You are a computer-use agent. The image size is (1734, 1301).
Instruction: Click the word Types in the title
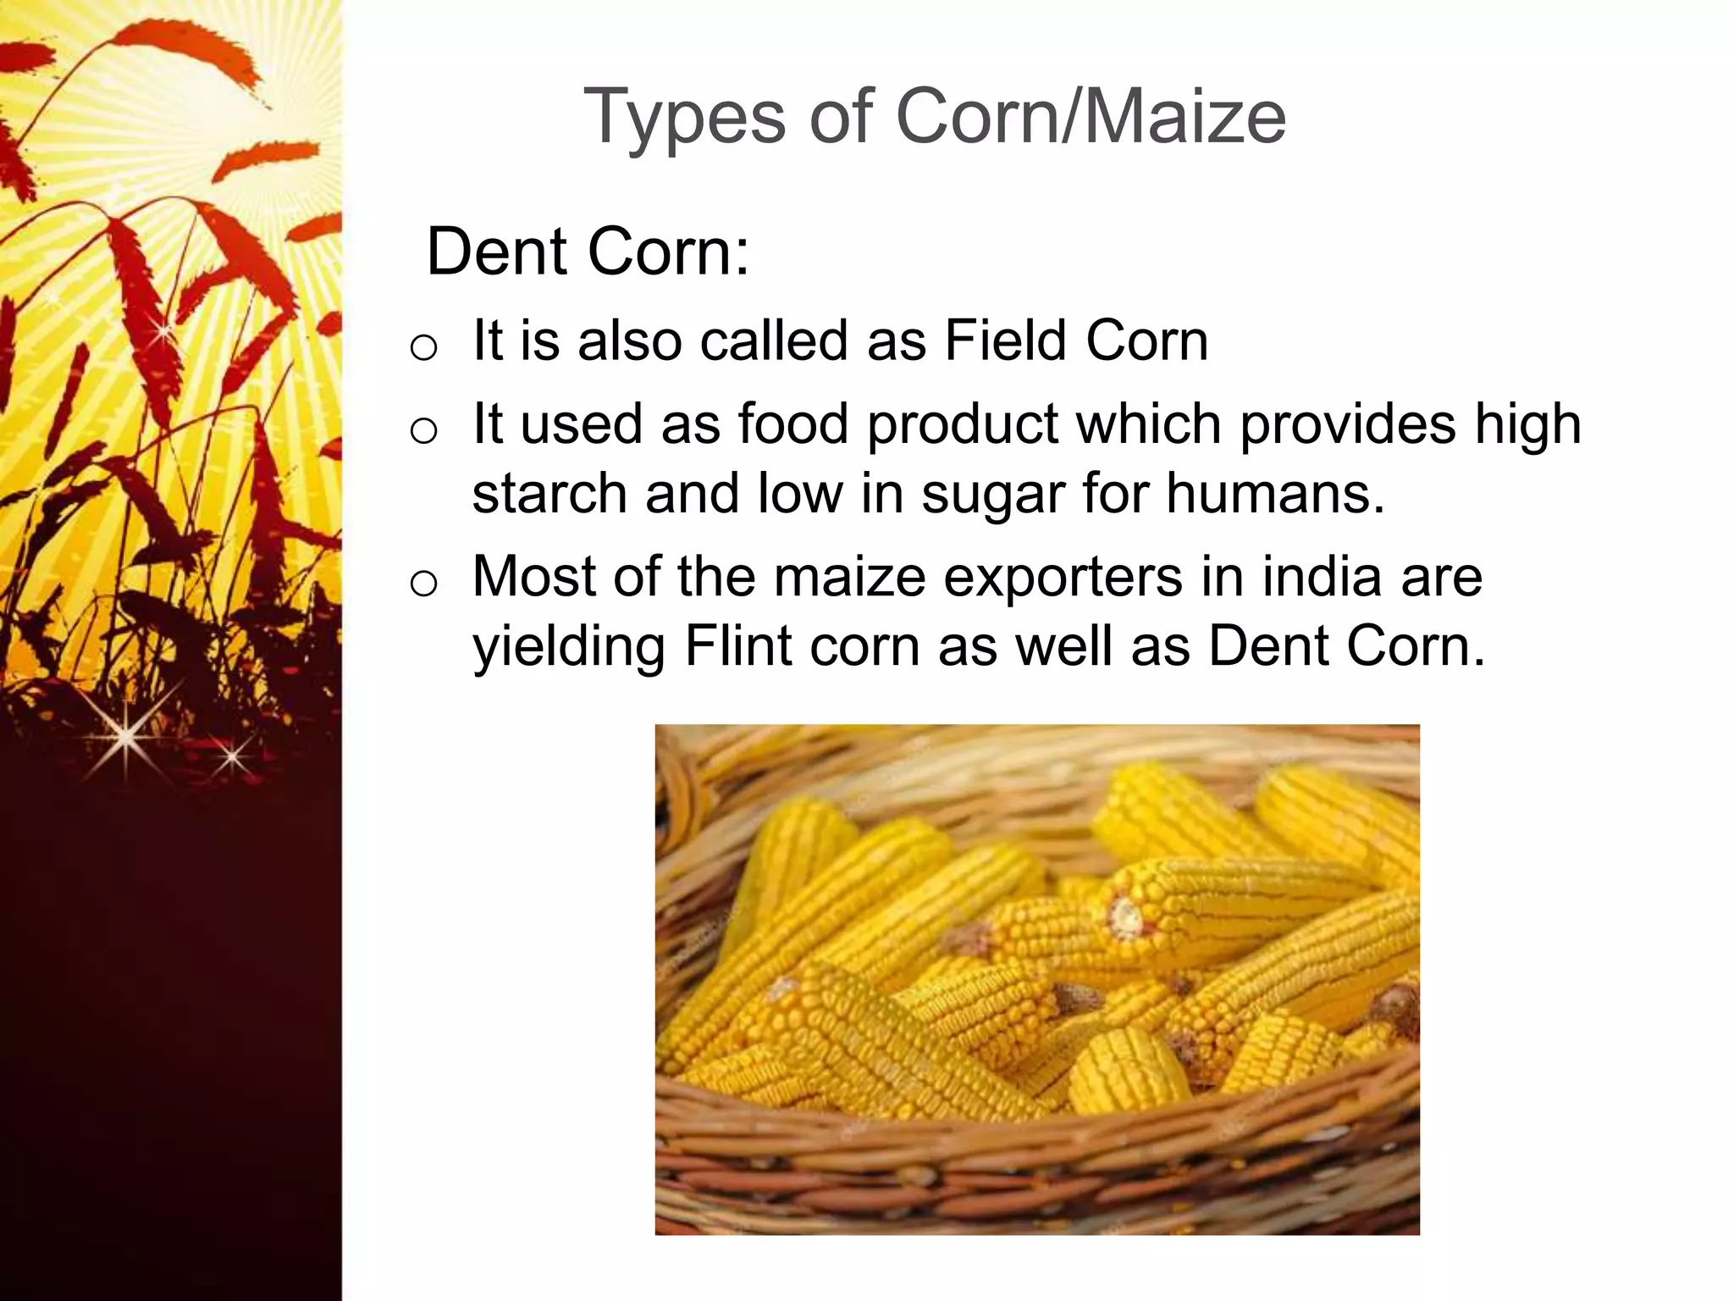pyautogui.click(x=684, y=119)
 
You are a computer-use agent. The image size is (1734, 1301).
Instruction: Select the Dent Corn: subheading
pyautogui.click(x=588, y=252)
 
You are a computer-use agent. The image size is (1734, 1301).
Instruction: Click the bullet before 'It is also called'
pyautogui.click(x=422, y=346)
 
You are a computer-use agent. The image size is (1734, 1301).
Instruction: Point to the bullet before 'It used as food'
pyautogui.click(x=422, y=430)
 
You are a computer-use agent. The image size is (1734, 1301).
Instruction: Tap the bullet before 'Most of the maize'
pyautogui.click(x=422, y=583)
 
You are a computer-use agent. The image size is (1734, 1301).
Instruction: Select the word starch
pyautogui.click(x=548, y=494)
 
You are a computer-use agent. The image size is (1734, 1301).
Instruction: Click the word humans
pyautogui.click(x=1275, y=494)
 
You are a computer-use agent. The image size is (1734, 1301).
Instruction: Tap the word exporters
pyautogui.click(x=1063, y=578)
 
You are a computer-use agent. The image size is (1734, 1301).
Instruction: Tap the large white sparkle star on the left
pyautogui.click(x=125, y=737)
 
